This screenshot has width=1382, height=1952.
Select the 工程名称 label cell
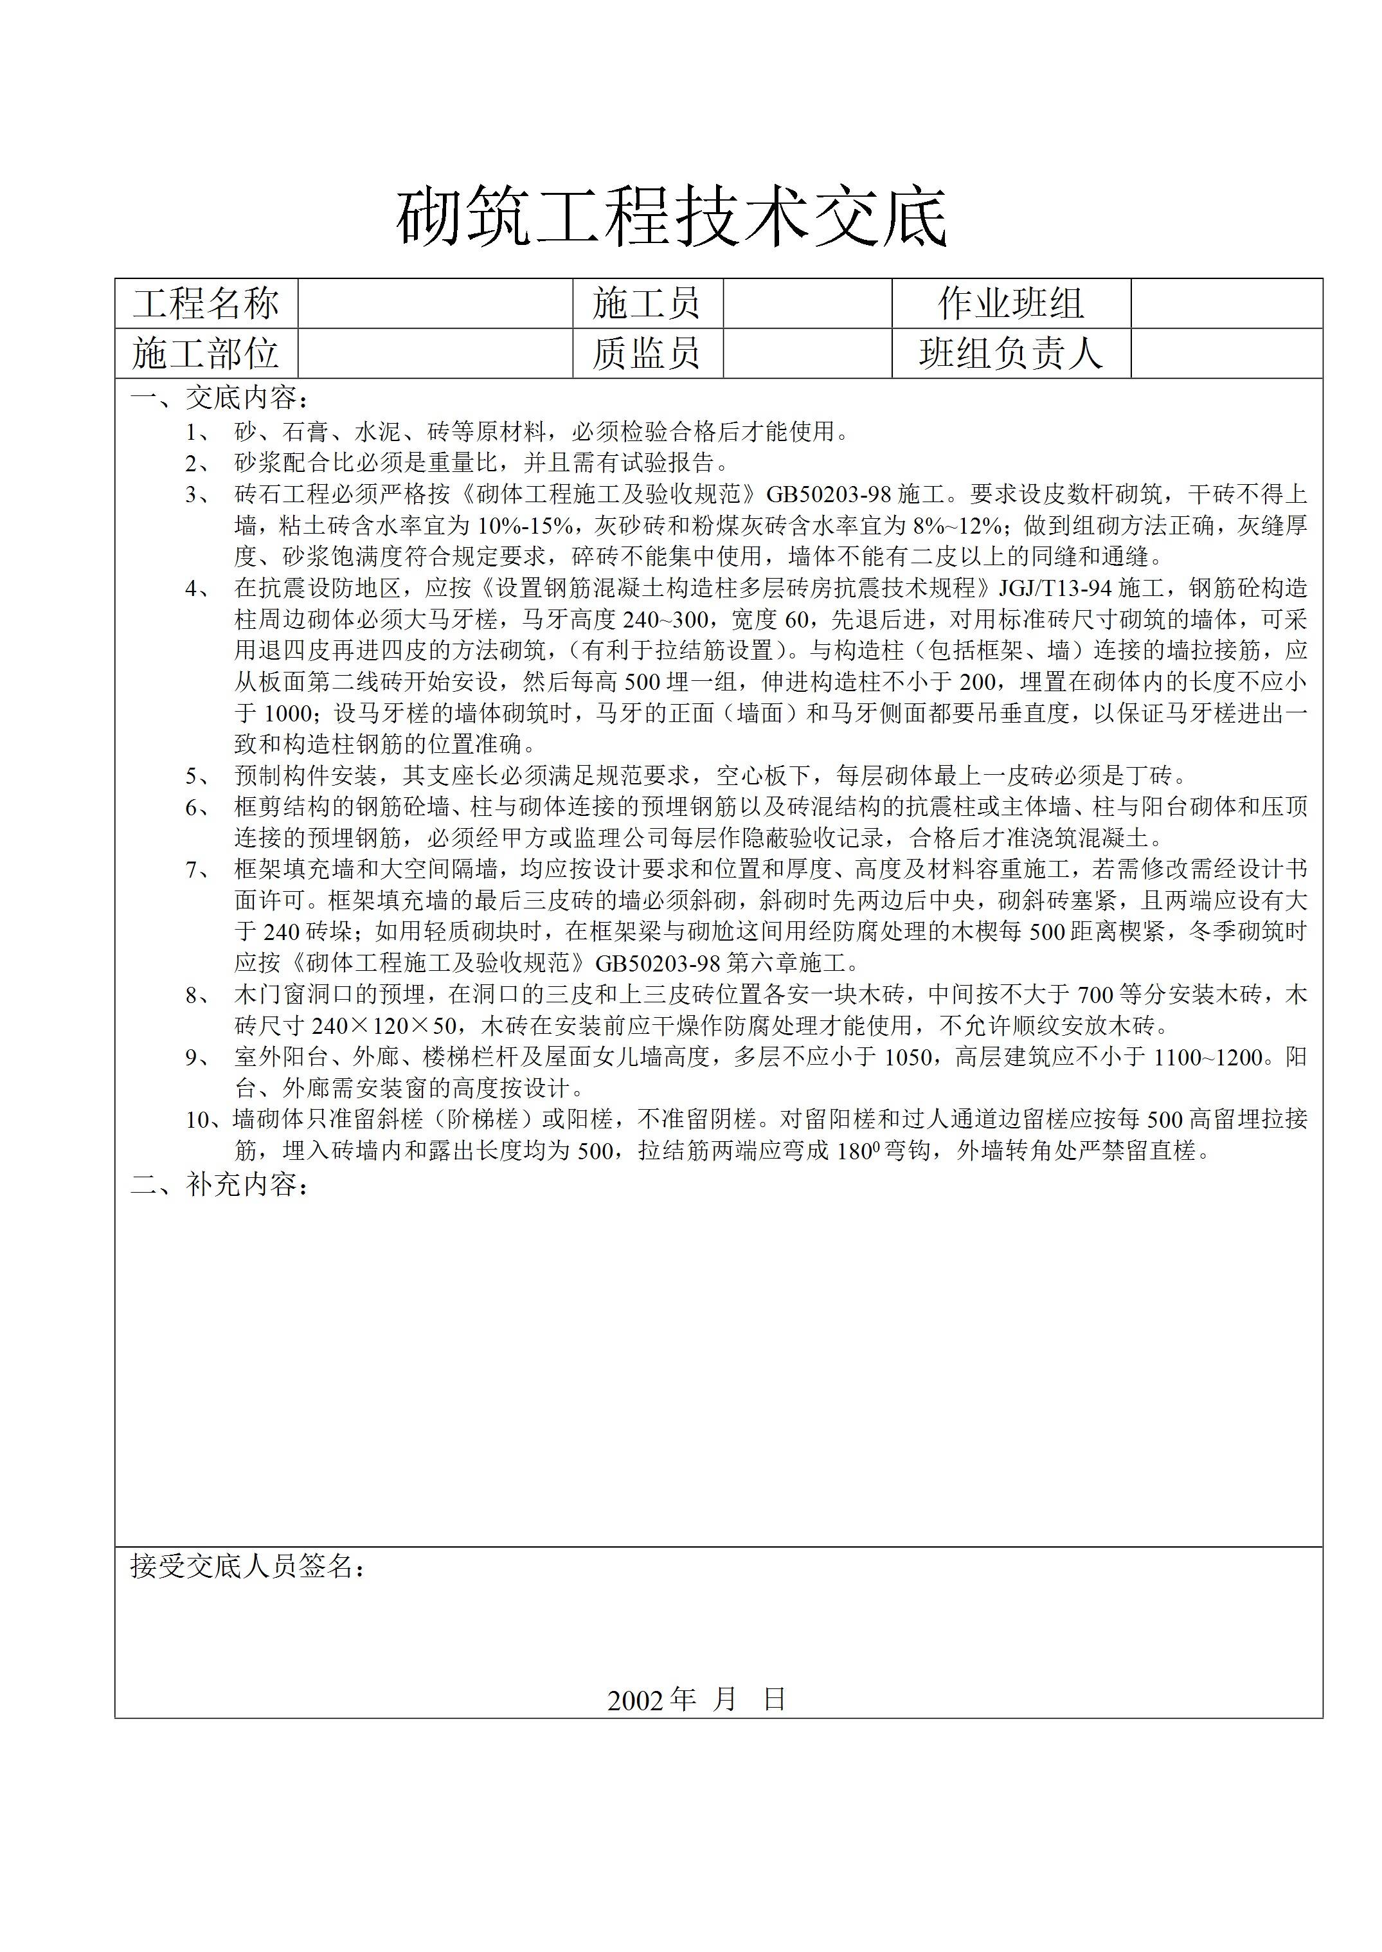206,304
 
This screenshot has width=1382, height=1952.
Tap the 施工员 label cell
647,304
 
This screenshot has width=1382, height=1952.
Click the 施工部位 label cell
206,353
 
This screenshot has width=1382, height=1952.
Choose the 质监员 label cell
647,353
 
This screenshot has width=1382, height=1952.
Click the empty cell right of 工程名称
435,304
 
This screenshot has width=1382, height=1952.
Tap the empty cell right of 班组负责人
1226,353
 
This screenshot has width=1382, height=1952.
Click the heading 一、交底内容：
220,399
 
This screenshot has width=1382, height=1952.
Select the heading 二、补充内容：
220,1184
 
